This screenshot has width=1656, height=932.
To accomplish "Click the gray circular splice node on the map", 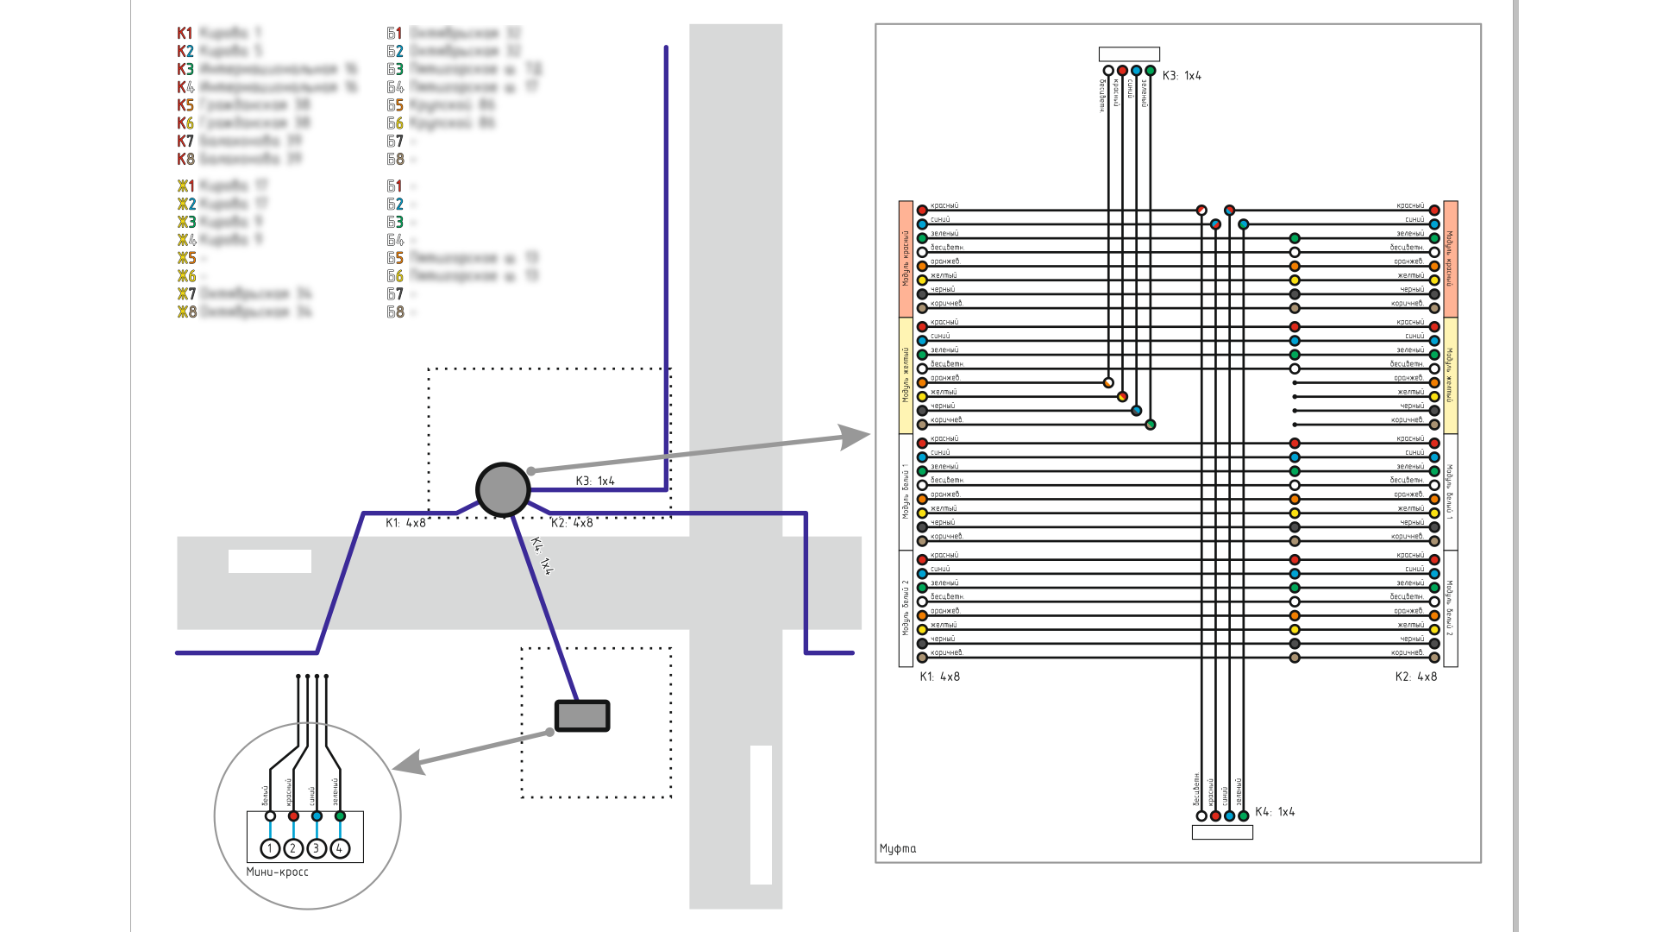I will (x=503, y=489).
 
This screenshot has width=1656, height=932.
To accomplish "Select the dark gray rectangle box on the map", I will (x=582, y=715).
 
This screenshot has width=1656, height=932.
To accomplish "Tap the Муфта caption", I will (x=898, y=848).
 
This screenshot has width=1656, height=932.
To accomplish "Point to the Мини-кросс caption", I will (x=277, y=872).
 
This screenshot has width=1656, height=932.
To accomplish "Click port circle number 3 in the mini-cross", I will (x=317, y=849).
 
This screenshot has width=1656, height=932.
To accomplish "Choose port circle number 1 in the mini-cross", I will (x=270, y=849).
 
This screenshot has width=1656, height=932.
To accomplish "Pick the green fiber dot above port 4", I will (x=340, y=815).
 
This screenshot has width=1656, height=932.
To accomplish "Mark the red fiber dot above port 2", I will (x=293, y=815).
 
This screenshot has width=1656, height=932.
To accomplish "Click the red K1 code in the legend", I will (x=185, y=33).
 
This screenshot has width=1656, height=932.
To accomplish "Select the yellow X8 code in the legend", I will (x=186, y=312).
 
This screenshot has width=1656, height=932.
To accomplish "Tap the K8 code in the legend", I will (x=185, y=159).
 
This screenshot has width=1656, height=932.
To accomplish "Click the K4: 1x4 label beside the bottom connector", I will (x=1274, y=812).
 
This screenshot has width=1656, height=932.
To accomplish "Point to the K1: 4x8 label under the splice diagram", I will (x=939, y=677).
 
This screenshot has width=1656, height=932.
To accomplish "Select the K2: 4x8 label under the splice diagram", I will (x=1415, y=677).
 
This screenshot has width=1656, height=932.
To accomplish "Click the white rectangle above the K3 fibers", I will (x=1129, y=54).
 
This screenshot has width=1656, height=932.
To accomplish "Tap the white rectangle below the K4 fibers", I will (x=1222, y=833).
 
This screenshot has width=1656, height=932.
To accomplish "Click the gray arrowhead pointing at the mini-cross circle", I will (x=408, y=763).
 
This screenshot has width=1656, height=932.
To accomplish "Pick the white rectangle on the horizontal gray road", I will (x=269, y=561).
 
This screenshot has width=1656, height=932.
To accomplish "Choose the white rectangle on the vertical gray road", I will (x=761, y=815).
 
